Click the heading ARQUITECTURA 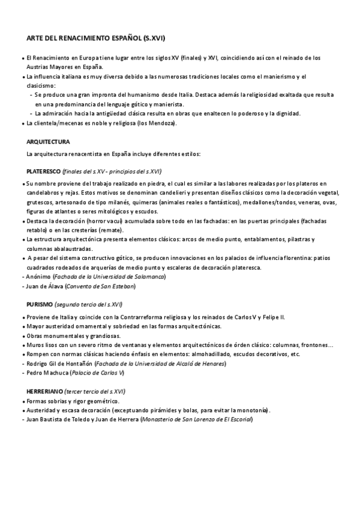(49, 142)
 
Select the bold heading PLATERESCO (44, 171)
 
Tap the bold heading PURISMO (41, 304)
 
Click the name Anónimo (37, 277)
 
